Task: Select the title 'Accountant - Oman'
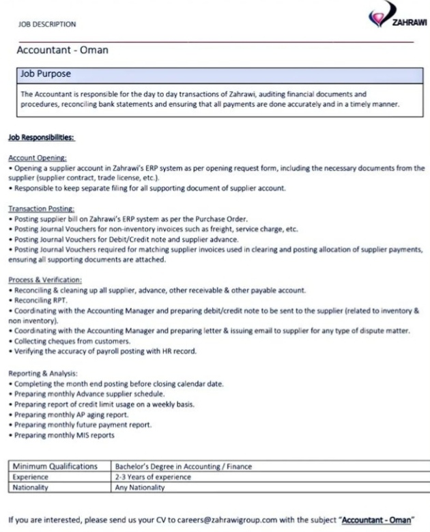(62, 51)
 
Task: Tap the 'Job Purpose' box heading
(46, 73)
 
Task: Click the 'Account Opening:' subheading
(37, 158)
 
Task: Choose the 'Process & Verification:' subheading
(45, 280)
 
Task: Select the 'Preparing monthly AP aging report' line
(71, 415)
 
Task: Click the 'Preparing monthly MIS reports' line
(66, 435)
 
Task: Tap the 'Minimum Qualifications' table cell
(56, 466)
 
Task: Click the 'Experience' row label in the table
(31, 477)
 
